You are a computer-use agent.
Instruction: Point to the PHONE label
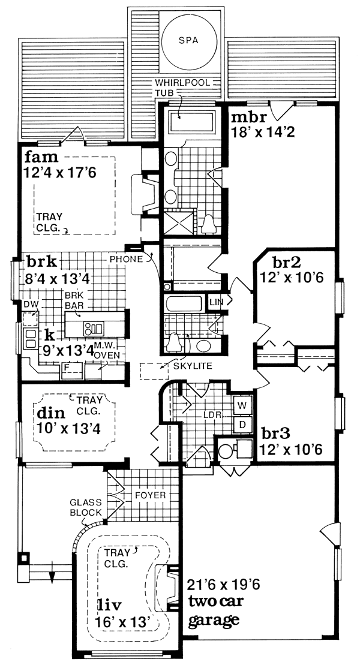(x=127, y=259)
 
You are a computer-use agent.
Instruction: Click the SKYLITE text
(x=193, y=366)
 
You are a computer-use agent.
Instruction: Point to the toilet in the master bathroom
(x=209, y=224)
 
